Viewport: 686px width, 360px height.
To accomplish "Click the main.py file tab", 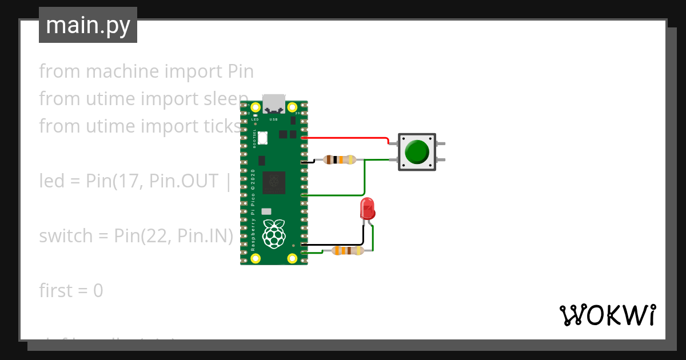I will click(88, 25).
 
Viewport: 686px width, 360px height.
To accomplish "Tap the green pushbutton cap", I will click(417, 152).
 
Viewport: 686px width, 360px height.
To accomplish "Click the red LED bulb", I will click(367, 209).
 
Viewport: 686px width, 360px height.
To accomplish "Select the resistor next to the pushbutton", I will click(340, 160).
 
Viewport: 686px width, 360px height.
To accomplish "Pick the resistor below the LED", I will click(348, 250).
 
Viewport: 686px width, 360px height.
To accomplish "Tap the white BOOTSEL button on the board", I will click(262, 138).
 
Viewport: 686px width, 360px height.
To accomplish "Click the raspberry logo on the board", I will click(274, 234).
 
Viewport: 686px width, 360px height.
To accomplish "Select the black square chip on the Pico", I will click(274, 183).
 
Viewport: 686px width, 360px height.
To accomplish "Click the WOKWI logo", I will click(607, 315).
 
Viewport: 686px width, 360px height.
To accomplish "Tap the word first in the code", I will click(55, 290).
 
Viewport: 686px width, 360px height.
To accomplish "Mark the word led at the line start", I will click(50, 181).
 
